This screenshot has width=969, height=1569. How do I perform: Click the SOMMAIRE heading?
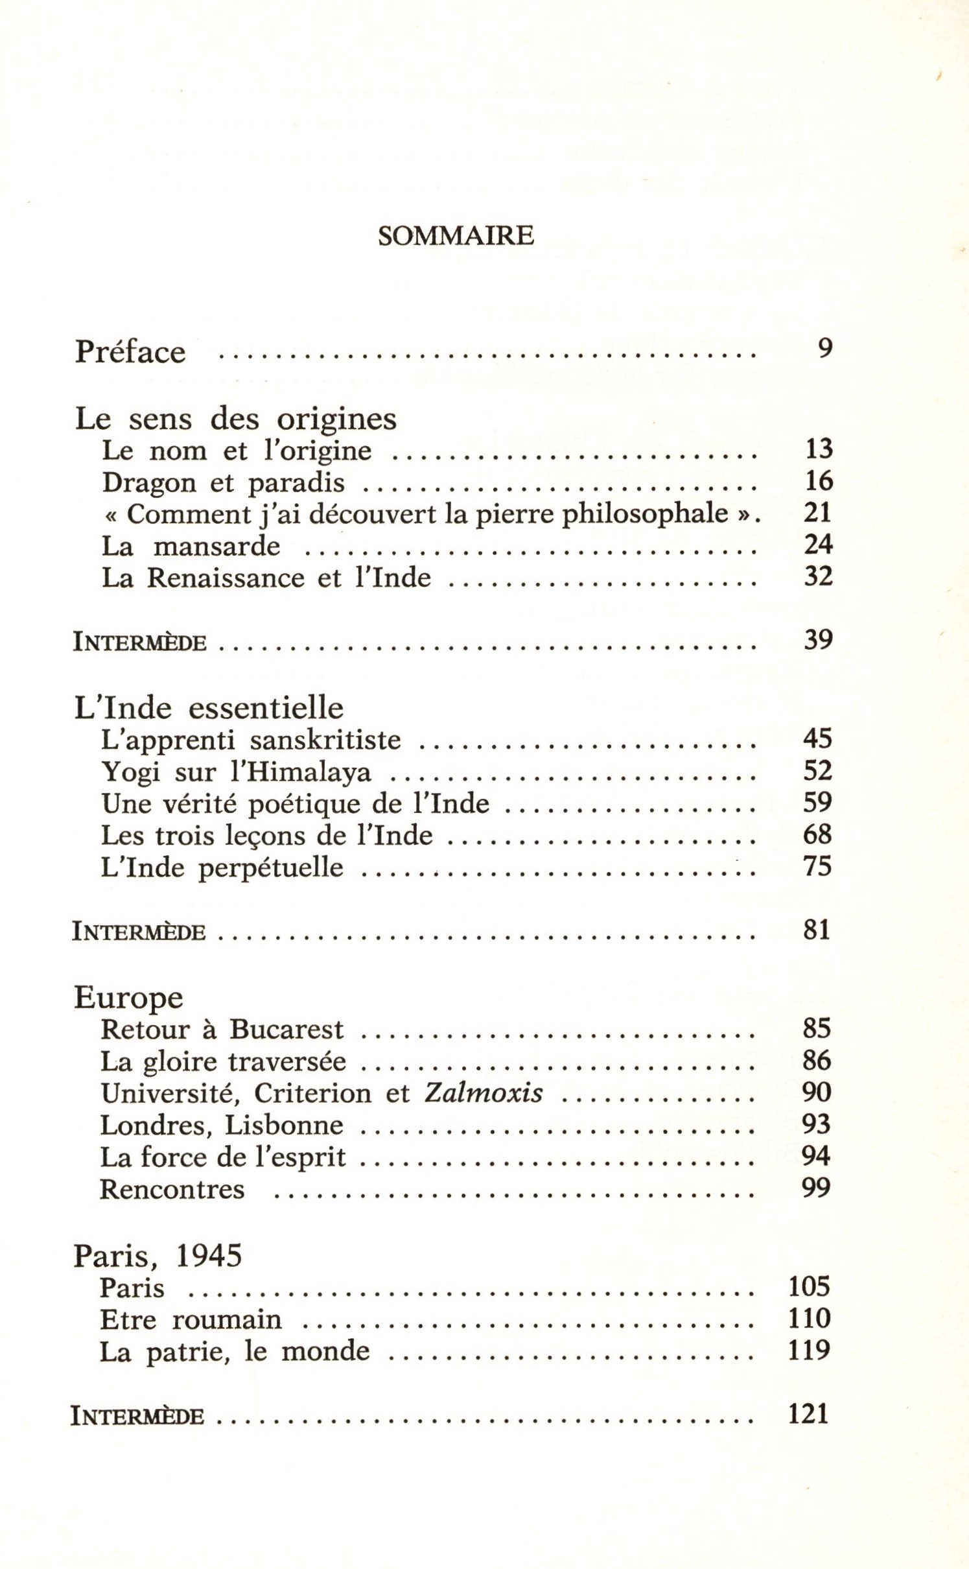[x=456, y=235]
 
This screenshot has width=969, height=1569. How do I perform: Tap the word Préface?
[x=130, y=352]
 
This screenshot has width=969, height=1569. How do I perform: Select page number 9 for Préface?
[x=824, y=349]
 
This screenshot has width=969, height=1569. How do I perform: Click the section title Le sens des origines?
[x=236, y=419]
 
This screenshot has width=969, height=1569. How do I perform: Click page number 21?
[x=817, y=513]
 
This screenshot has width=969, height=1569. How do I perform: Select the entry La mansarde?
[x=191, y=546]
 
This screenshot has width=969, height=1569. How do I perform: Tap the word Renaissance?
[x=226, y=578]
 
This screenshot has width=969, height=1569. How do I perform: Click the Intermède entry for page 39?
[x=140, y=642]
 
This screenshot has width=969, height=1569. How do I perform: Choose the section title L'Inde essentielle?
[x=209, y=708]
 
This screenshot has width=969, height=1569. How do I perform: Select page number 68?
[x=817, y=834]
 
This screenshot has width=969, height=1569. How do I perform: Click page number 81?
[x=817, y=930]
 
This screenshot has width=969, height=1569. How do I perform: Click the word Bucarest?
[x=286, y=1030]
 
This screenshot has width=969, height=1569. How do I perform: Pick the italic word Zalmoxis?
[x=484, y=1093]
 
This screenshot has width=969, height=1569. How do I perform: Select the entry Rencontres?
[x=172, y=1189]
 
